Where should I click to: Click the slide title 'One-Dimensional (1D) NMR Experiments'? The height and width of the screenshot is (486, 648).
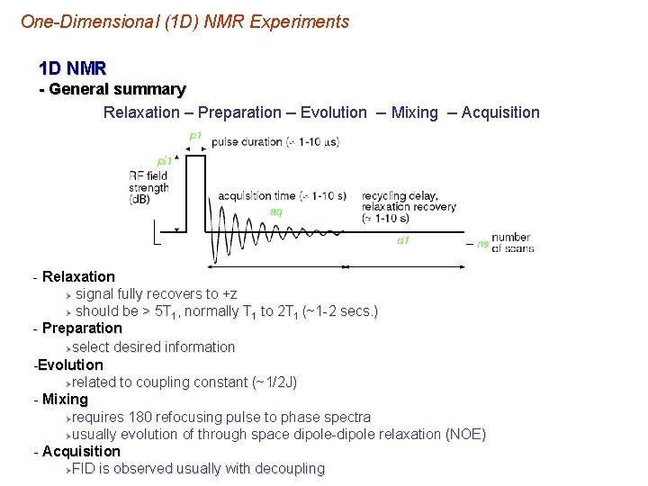[184, 22]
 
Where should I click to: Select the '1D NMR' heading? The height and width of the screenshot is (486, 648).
[73, 67]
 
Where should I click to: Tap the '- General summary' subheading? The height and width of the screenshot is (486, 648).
[112, 89]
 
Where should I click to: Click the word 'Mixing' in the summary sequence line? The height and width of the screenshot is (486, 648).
[414, 112]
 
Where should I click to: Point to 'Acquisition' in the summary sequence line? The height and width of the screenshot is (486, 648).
[500, 112]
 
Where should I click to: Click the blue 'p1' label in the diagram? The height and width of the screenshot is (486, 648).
[195, 136]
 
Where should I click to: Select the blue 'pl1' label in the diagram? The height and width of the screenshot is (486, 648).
[165, 161]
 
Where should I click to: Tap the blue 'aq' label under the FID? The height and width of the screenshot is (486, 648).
[276, 211]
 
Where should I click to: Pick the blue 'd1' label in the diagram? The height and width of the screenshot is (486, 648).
[403, 240]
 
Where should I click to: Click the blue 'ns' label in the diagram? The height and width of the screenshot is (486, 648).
[482, 243]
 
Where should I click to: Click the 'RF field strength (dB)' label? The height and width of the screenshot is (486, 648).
[148, 187]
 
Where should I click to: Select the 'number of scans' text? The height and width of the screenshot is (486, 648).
[512, 242]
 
